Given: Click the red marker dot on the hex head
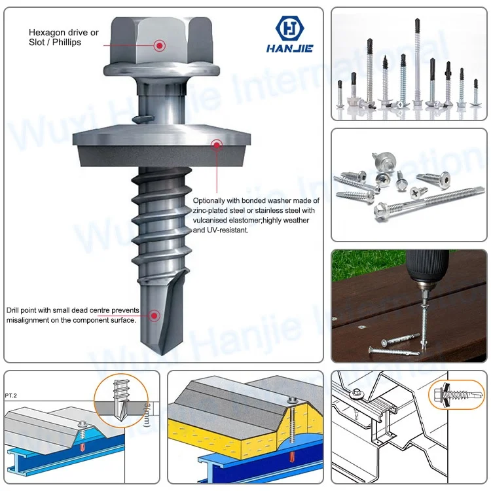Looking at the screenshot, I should [159, 45].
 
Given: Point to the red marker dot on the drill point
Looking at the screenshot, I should [155, 316].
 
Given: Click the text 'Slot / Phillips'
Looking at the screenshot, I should [55, 43].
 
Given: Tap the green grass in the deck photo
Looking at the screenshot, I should [354, 262].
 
